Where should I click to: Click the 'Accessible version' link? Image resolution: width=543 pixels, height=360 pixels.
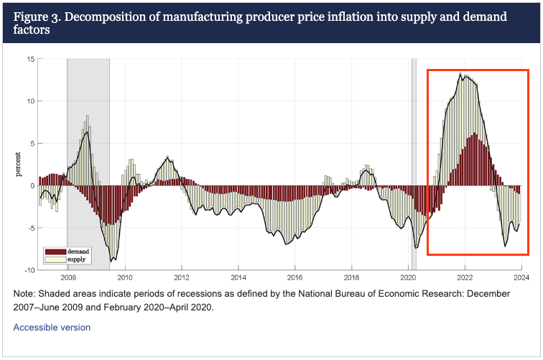(x=52, y=327)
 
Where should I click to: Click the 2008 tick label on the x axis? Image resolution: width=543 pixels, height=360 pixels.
(x=68, y=276)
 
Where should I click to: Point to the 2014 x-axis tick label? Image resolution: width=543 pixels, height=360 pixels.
(x=238, y=276)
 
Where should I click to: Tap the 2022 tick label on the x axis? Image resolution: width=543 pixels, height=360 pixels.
(x=465, y=276)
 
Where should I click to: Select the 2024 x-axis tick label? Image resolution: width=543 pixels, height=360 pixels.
(x=521, y=276)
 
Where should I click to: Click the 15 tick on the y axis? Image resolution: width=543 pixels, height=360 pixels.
(x=30, y=59)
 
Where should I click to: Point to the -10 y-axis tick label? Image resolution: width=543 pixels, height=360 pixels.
(x=28, y=269)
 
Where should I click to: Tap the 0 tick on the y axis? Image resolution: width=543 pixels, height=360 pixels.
(x=32, y=185)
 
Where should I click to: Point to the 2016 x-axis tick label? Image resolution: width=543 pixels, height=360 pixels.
(x=294, y=276)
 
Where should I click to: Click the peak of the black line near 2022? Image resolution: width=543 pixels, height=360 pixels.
(x=460, y=73)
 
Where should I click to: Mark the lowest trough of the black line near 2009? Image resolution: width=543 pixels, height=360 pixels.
(x=111, y=261)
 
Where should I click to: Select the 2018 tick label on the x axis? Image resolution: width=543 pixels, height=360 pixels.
(x=351, y=276)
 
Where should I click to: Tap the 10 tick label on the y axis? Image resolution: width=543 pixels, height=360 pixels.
(x=30, y=101)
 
